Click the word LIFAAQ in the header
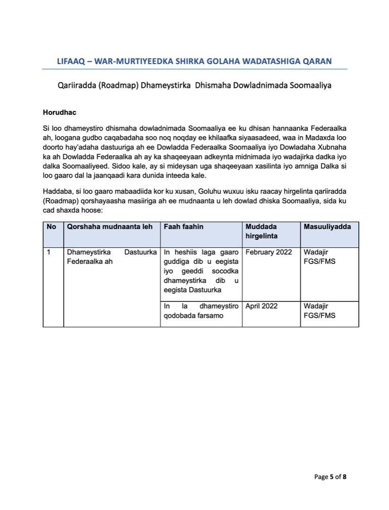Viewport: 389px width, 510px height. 71,61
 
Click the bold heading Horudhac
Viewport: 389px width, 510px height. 59,113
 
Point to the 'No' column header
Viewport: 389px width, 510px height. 52,227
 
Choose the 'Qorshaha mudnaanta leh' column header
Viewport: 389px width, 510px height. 110,227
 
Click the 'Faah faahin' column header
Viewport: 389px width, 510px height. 183,227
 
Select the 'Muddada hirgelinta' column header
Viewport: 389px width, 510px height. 261,231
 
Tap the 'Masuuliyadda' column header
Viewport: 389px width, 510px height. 327,227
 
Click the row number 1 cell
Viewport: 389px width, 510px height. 49,252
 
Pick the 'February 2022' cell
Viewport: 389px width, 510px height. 268,252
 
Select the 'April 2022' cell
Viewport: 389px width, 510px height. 261,306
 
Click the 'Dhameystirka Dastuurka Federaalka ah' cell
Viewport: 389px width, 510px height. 112,256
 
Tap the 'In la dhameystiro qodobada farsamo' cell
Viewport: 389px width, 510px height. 201,311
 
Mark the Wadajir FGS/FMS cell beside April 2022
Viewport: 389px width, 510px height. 320,311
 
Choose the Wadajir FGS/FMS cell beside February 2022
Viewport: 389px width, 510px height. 320,256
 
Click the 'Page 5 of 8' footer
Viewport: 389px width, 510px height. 330,477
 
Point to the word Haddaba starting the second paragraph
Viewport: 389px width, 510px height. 57,192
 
